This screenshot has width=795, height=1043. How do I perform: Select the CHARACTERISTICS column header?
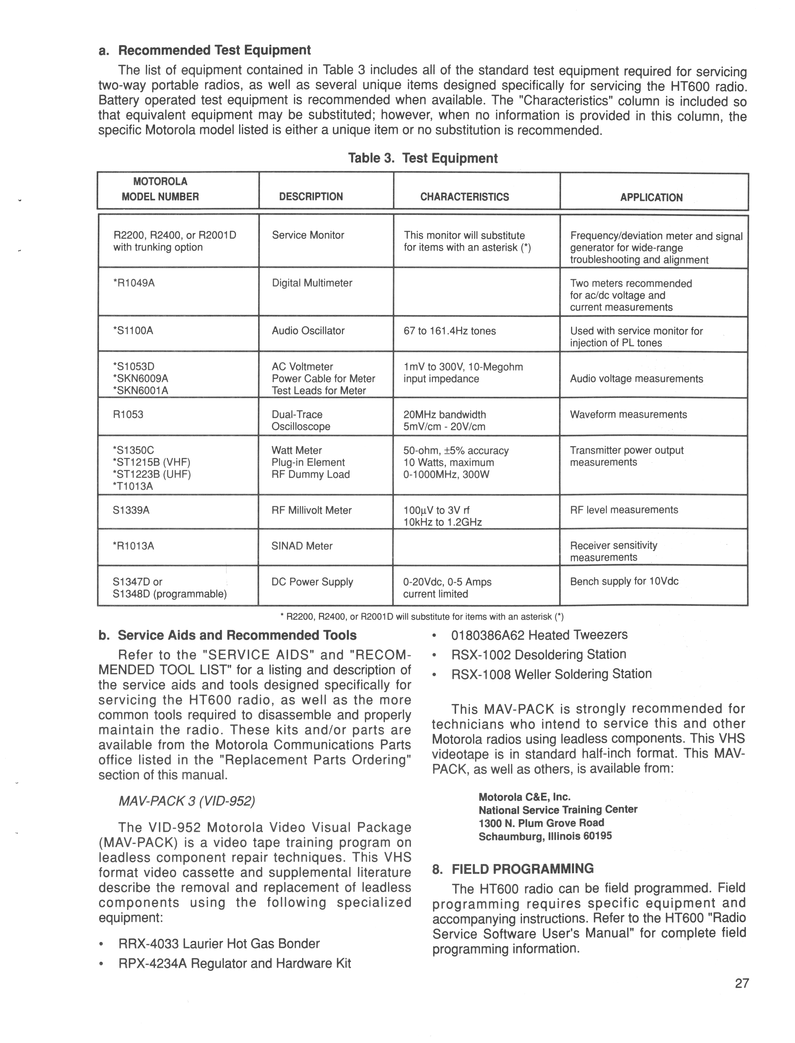(x=464, y=197)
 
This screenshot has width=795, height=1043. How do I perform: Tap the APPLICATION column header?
(x=651, y=198)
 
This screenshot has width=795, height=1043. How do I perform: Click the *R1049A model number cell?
(x=134, y=283)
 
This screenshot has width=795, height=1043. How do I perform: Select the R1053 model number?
(x=128, y=415)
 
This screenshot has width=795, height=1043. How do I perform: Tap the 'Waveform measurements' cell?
(x=628, y=415)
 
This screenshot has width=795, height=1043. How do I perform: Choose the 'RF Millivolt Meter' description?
(x=311, y=510)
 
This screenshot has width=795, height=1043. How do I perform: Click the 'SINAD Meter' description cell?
(x=302, y=546)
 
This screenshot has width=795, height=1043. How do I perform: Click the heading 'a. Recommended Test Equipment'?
(x=204, y=50)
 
